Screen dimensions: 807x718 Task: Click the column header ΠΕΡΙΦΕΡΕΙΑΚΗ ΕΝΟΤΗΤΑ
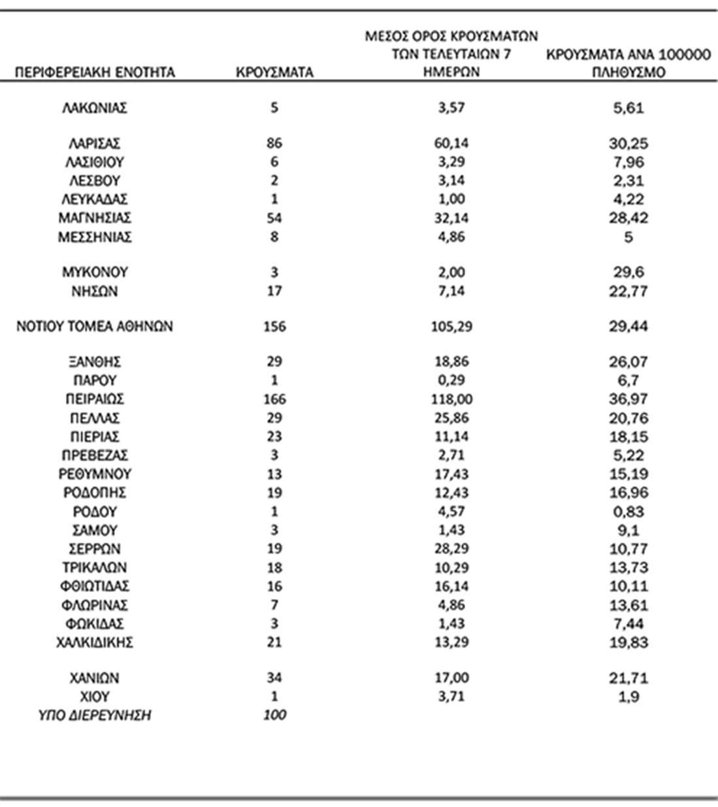95,72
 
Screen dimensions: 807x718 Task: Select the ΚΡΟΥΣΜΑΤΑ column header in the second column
274,72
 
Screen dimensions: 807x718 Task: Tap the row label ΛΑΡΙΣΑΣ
95,143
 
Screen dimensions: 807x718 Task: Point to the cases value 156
274,326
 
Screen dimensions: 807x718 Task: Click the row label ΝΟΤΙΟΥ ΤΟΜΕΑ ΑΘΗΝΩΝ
95,326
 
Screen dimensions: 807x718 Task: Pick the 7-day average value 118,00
451,399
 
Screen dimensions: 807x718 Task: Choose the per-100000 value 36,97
628,399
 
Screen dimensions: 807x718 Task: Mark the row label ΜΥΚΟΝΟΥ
95,272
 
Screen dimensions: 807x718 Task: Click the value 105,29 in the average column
451,326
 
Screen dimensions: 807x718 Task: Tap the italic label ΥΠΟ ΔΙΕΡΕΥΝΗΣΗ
95,716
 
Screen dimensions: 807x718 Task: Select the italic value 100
274,716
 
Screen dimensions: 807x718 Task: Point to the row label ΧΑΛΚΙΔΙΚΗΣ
95,642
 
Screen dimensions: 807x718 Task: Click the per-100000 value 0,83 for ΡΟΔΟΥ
628,512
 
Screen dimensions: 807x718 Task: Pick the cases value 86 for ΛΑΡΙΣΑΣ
274,143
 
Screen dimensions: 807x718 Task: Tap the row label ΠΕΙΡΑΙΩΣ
95,399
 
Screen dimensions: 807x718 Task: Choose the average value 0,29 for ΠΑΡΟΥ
451,380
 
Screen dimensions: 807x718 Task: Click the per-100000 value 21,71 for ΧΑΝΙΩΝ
628,678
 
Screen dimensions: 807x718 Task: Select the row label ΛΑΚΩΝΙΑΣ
95,108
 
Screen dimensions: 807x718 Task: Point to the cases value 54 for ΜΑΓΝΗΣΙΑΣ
274,218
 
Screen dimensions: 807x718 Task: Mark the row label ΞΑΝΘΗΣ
95,361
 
